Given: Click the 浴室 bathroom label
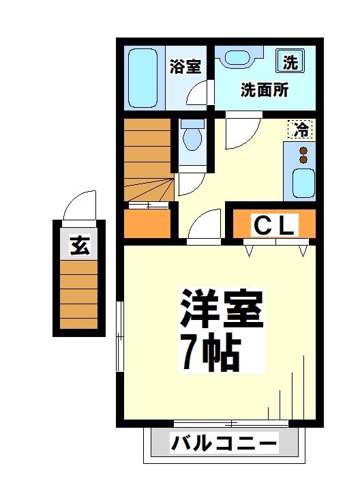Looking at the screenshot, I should pos(185,66).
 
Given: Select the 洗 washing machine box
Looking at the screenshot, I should pos(290,63).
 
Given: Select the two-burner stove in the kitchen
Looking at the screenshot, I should pos(303,155).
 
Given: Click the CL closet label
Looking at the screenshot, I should pos(275,225).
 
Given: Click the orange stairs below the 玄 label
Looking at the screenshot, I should pos(79,295).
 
